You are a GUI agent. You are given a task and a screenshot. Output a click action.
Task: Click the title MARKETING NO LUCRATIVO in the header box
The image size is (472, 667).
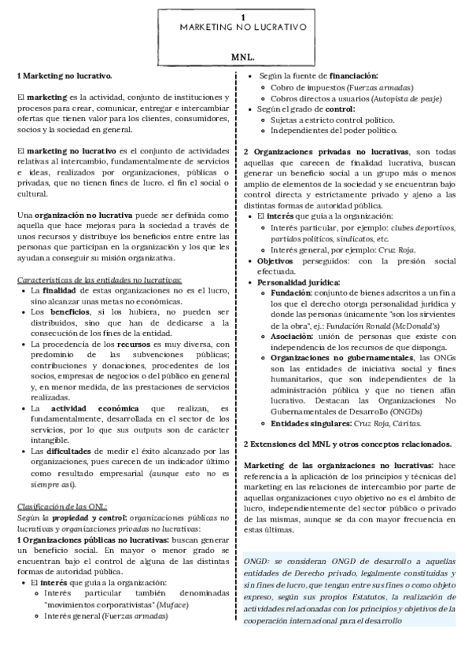point(242,28)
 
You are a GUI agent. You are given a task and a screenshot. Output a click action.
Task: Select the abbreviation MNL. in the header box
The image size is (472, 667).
point(242,59)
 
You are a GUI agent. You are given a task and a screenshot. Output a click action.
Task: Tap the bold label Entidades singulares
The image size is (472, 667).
point(313,422)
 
